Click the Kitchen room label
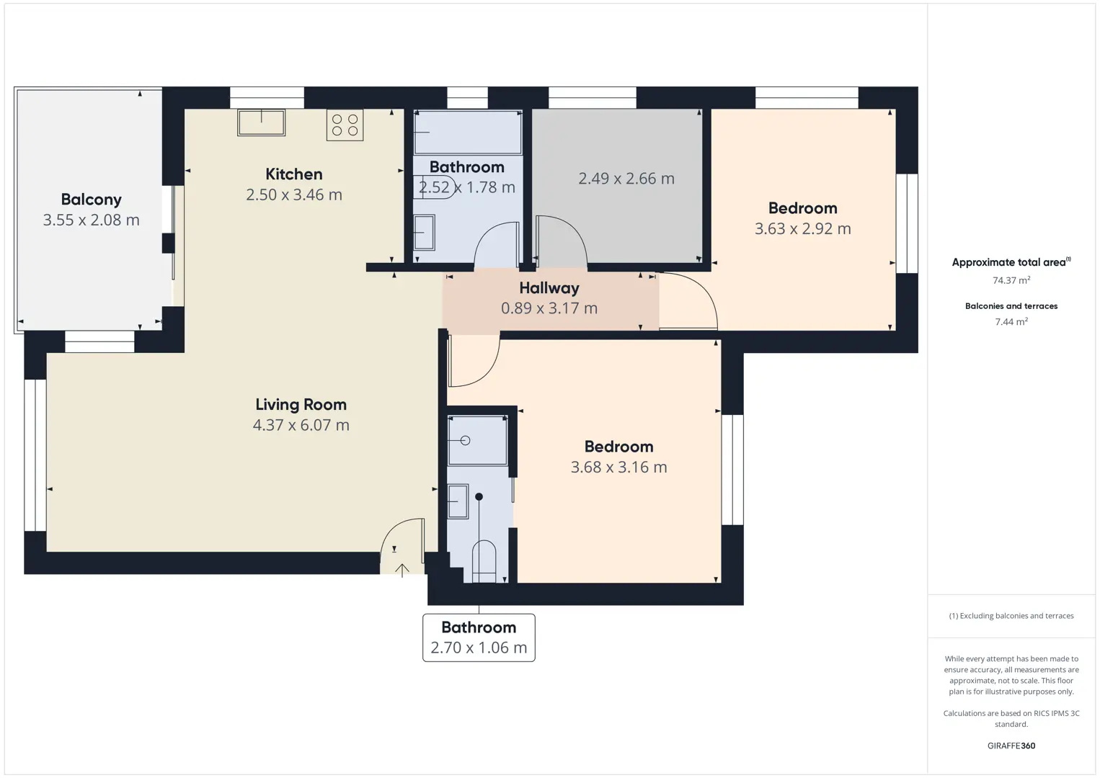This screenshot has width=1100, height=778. pyautogui.click(x=293, y=174)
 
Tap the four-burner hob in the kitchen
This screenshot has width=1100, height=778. pyautogui.click(x=345, y=125)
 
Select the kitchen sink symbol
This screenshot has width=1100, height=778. pyautogui.click(x=261, y=122)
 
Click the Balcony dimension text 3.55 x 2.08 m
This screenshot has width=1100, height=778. pyautogui.click(x=92, y=220)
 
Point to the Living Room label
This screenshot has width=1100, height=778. pyautogui.click(x=301, y=404)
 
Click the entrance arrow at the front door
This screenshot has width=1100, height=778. pyautogui.click(x=402, y=571)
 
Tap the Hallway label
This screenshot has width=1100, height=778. pyautogui.click(x=549, y=288)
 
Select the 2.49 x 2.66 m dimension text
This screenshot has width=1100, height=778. pyautogui.click(x=626, y=178)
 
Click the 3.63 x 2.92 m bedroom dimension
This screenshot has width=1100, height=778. pyautogui.click(x=802, y=229)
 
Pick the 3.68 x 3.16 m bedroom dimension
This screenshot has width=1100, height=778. pyautogui.click(x=618, y=468)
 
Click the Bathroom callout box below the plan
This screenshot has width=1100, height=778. pyautogui.click(x=479, y=638)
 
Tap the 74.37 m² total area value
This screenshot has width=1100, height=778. pyautogui.click(x=1011, y=280)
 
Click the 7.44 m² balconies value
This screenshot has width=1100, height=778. pyautogui.click(x=1011, y=321)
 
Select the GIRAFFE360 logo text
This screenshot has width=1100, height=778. pyautogui.click(x=1011, y=746)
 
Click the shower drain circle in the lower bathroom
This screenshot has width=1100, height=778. pyautogui.click(x=465, y=440)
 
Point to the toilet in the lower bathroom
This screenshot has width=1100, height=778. pyautogui.click(x=484, y=562)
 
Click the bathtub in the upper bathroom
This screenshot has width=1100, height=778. pyautogui.click(x=468, y=133)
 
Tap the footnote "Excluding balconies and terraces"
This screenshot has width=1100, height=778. pyautogui.click(x=1016, y=615)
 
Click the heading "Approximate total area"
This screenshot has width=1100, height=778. pyautogui.click(x=1008, y=263)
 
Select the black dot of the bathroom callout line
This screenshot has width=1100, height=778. pyautogui.click(x=479, y=497)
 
